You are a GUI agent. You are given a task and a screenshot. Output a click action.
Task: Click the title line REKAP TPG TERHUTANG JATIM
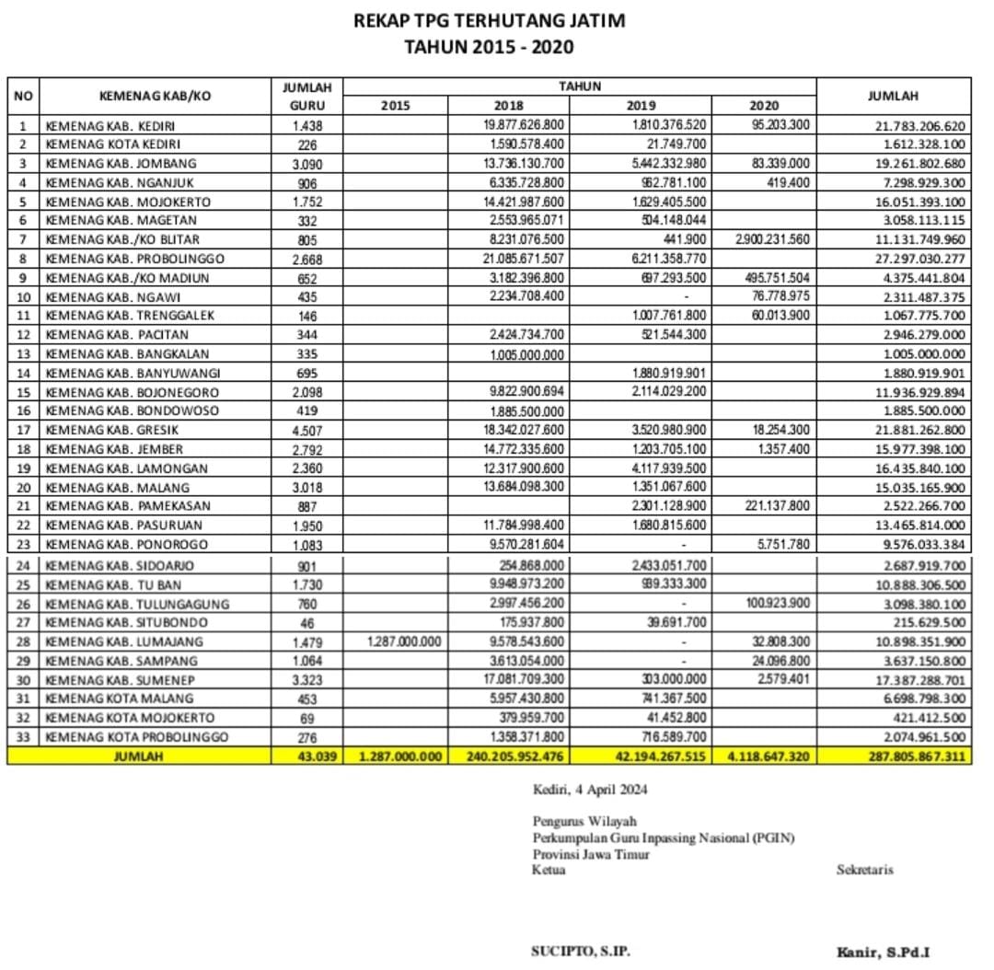(x=489, y=20)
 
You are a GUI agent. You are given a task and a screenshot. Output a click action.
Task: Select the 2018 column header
(x=509, y=106)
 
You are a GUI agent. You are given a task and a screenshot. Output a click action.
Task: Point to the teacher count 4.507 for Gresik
(x=306, y=431)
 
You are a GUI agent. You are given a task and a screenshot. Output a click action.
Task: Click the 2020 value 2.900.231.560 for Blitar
(x=773, y=240)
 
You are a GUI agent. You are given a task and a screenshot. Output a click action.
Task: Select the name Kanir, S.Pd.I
(x=888, y=953)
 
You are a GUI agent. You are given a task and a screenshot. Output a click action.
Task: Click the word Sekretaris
(x=864, y=870)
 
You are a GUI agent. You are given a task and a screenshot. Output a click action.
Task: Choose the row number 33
(x=23, y=738)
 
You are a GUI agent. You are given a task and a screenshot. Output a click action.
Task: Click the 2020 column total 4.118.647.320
(x=768, y=756)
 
